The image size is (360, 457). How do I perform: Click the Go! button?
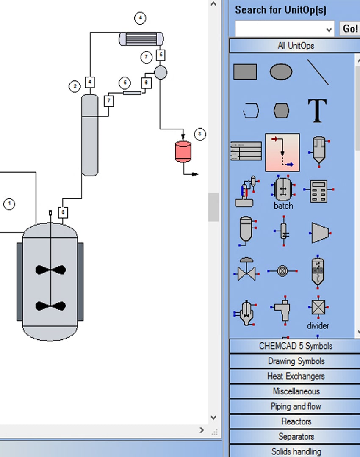[350, 29]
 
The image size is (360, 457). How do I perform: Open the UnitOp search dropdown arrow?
[329, 30]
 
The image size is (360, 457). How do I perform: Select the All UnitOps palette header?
[295, 46]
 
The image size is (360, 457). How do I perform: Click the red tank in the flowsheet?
[183, 151]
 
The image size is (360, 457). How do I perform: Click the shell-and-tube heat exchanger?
[141, 39]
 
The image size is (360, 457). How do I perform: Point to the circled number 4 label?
[140, 18]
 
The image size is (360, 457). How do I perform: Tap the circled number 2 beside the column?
[75, 87]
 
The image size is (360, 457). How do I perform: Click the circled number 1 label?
[9, 204]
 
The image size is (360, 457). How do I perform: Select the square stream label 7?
[109, 101]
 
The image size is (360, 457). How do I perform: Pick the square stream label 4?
[90, 82]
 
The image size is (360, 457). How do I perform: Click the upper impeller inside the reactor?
[51, 270]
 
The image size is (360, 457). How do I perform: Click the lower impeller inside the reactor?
[51, 306]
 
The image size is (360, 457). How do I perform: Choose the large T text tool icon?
[317, 111]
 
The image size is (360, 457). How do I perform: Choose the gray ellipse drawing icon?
[281, 72]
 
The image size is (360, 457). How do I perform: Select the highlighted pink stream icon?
[282, 152]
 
